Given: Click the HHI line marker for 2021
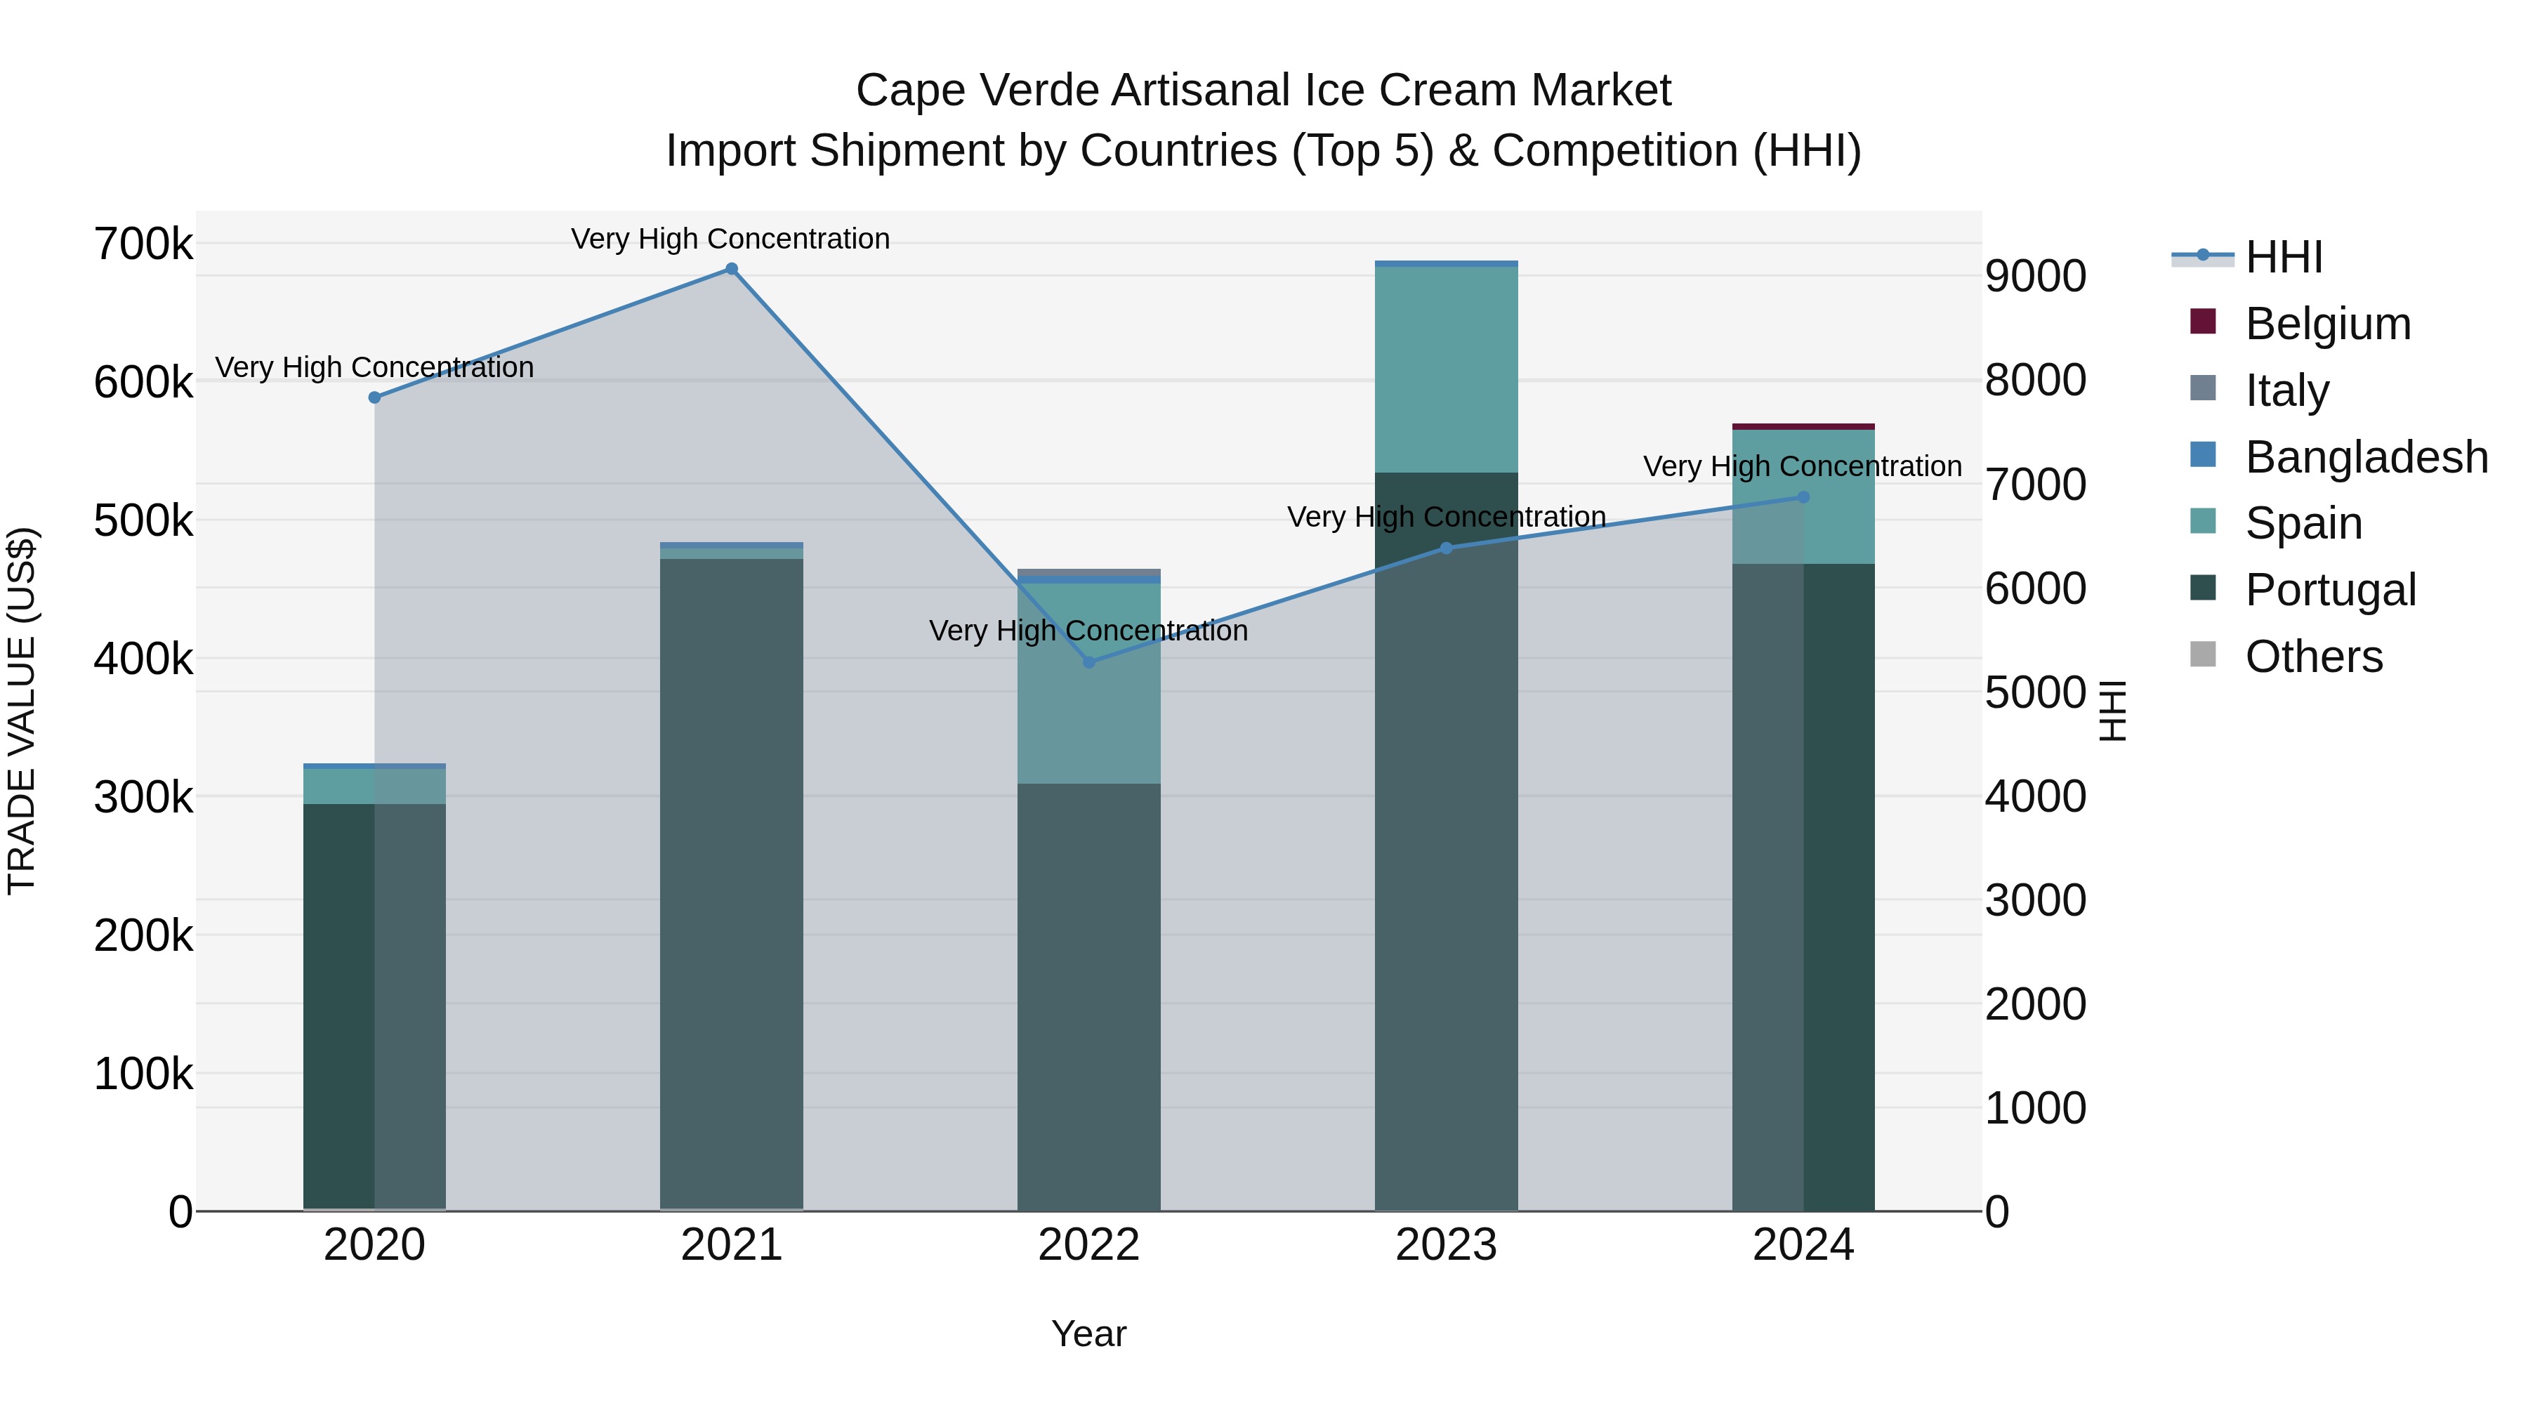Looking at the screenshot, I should click(x=731, y=269).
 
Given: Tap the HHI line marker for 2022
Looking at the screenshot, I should click(x=1088, y=662).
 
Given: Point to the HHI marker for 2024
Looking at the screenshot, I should click(x=1803, y=498).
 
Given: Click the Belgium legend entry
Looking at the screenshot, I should click(x=2327, y=324).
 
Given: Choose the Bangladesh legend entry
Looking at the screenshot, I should click(x=2366, y=457).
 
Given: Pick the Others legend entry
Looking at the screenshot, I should click(x=2313, y=657).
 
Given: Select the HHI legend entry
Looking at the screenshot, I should click(x=2284, y=257).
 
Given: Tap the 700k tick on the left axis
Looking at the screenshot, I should click(x=143, y=244).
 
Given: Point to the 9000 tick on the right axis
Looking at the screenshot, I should click(x=2035, y=277).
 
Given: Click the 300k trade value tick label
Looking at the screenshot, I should click(x=143, y=798).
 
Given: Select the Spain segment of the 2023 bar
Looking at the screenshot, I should click(x=1446, y=369).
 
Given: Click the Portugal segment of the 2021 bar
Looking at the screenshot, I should click(x=731, y=883).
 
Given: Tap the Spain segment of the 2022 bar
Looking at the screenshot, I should click(x=1088, y=683).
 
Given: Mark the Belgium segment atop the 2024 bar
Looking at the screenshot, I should click(x=1803, y=426).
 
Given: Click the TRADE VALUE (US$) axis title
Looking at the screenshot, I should click(x=22, y=711).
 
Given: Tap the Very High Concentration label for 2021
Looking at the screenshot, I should click(x=730, y=239).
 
